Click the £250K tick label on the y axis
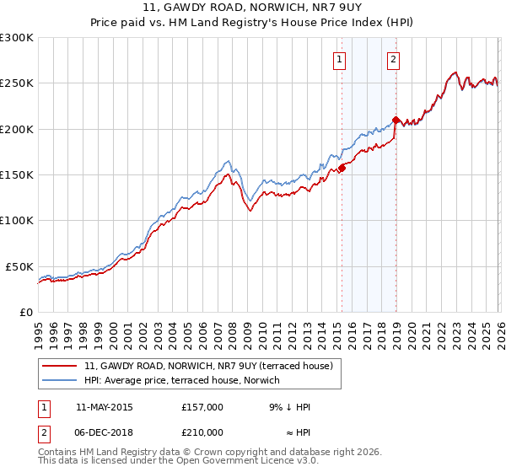coord(17,83)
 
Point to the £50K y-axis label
coord(19,266)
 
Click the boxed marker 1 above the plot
coord(339,59)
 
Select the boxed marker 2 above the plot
coord(394,59)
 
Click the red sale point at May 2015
coord(342,168)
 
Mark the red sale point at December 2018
coord(396,120)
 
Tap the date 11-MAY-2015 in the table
coord(104,407)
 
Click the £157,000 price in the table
coord(202,407)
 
